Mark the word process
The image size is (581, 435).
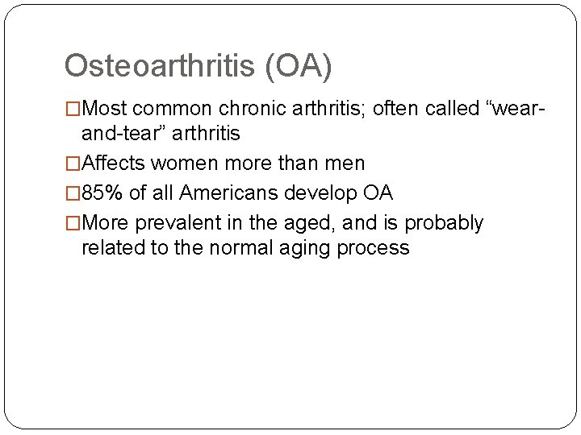(374, 247)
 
